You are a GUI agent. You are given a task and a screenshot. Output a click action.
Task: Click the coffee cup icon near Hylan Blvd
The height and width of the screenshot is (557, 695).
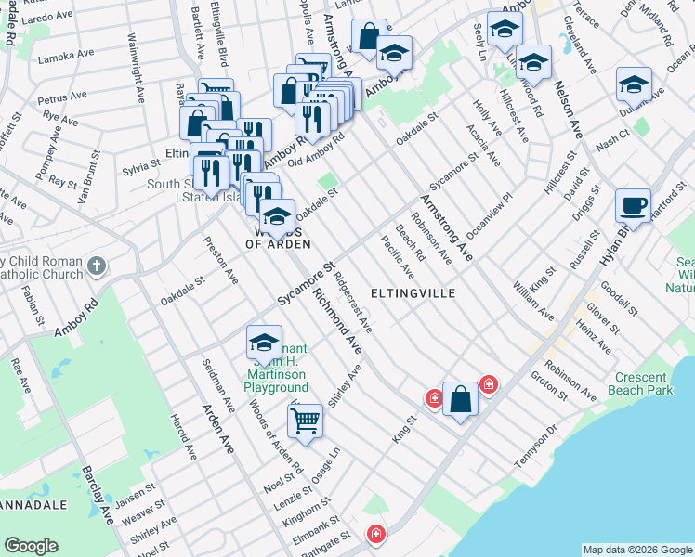coord(633,205)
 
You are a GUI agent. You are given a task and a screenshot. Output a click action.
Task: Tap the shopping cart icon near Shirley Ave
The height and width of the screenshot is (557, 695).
coord(305,421)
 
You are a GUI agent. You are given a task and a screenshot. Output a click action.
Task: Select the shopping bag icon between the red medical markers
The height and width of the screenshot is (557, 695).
coord(460,400)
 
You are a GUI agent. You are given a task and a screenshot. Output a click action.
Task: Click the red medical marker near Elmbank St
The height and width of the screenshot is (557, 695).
coord(374,535)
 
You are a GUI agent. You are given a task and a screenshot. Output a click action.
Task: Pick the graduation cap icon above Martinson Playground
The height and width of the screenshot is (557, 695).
coord(264,343)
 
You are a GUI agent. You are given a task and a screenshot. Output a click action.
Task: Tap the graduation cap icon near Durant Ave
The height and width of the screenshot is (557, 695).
coord(634,84)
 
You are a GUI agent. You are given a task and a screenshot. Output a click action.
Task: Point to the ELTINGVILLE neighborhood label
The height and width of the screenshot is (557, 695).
coord(413,293)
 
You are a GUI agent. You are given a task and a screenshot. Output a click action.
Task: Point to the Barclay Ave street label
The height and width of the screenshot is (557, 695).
coord(98,495)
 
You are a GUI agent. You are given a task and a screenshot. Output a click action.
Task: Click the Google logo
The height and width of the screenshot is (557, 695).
coord(32,546)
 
